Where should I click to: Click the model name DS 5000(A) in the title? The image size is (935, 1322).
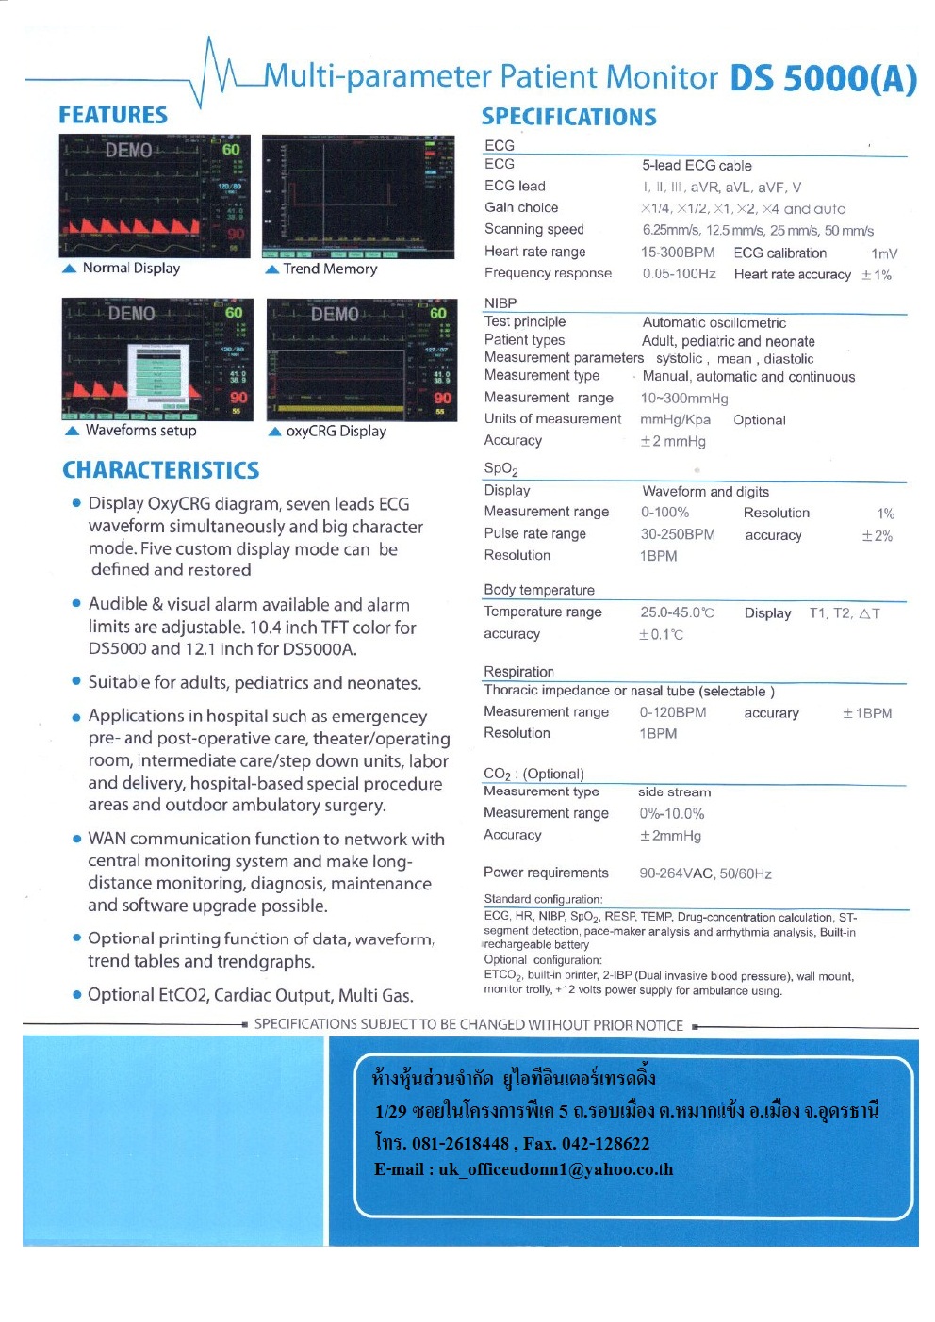pos(823,78)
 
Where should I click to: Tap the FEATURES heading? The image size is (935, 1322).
pos(113,115)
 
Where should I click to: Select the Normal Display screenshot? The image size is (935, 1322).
pos(155,196)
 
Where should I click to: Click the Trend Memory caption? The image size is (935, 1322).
pos(330,269)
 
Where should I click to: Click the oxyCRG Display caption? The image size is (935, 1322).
pos(336,431)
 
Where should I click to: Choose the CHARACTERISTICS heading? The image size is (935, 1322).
pos(161,470)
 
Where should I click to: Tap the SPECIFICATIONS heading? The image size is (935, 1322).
pos(569,117)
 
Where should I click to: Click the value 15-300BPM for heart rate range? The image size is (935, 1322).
pos(678,253)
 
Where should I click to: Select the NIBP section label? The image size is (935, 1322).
pos(500,303)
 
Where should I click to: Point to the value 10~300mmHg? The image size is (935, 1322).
pos(684,399)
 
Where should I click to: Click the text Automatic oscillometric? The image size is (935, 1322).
pos(714,322)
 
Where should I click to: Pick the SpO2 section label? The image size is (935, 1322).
pos(500,468)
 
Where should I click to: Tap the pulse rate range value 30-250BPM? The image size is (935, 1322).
pos(678,534)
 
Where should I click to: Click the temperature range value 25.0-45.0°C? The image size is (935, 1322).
pos(677,612)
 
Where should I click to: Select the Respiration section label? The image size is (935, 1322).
pos(518,672)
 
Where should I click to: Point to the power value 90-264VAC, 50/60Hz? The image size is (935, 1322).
pos(705,873)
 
